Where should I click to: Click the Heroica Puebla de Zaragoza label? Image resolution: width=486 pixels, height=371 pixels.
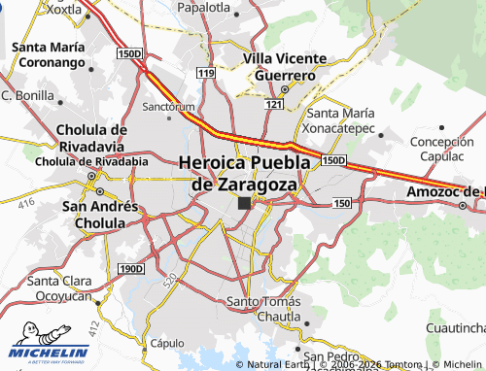tap(245, 172)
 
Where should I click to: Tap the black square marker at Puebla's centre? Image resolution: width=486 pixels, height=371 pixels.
tap(244, 203)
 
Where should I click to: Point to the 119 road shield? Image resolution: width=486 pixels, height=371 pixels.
tap(204, 73)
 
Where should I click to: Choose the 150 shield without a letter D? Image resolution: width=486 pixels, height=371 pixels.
tap(340, 202)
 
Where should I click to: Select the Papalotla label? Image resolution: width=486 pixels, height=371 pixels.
tap(205, 7)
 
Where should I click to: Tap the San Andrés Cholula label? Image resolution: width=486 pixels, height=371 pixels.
tap(93, 215)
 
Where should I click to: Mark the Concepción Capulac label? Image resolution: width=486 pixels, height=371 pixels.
tap(441, 149)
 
